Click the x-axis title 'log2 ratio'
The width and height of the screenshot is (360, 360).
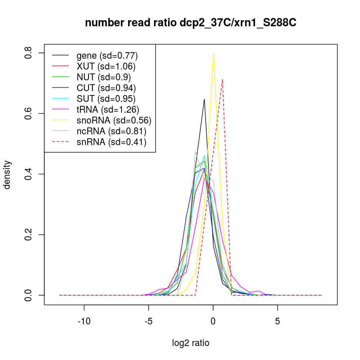(x=190, y=343)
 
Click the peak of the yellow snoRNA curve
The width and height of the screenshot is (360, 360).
(x=213, y=54)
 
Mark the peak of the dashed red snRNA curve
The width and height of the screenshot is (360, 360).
(x=222, y=79)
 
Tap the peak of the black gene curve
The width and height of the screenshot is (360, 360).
(x=204, y=99)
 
